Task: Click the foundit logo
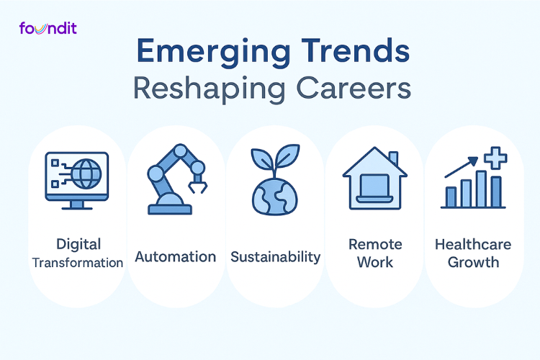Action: coord(48,29)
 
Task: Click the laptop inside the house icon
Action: coord(374,189)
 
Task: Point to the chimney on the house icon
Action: coord(393,158)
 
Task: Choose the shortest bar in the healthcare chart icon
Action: coord(451,197)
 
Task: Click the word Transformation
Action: coord(77,263)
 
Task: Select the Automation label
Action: coord(175,256)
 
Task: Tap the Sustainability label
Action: coord(275,256)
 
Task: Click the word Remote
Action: coord(374,245)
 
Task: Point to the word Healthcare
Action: coord(473,245)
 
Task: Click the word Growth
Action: coord(473,262)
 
